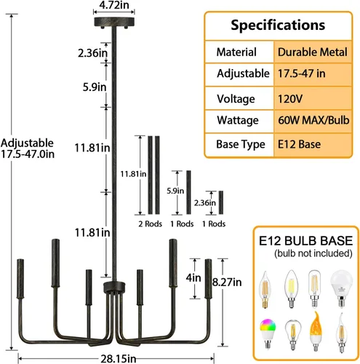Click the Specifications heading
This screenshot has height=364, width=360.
click(278, 25)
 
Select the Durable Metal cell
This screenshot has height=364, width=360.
click(313, 52)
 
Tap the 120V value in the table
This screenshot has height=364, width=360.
click(290, 99)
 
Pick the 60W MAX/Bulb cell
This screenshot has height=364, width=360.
click(313, 120)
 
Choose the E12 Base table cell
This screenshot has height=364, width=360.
click(299, 144)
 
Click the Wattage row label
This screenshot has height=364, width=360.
click(238, 120)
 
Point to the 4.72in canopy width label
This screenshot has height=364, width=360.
click(114, 5)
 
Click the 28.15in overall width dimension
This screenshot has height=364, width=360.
click(119, 359)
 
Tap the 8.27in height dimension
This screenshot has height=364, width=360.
click(227, 282)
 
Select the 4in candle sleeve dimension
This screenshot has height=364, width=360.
click(193, 278)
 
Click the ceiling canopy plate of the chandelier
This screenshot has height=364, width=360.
click(114, 22)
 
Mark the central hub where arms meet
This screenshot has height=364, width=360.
click(114, 288)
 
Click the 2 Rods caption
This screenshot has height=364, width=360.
click(151, 223)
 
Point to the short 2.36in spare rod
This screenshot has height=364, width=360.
click(221, 202)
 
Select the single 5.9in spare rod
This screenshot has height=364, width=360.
click(188, 192)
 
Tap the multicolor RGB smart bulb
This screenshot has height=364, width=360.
click(268, 333)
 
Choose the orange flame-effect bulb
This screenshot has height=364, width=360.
click(316, 331)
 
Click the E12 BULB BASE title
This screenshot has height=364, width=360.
click(305, 241)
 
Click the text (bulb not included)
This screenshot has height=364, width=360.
click(313, 253)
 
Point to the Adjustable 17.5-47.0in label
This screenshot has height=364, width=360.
click(28, 149)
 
